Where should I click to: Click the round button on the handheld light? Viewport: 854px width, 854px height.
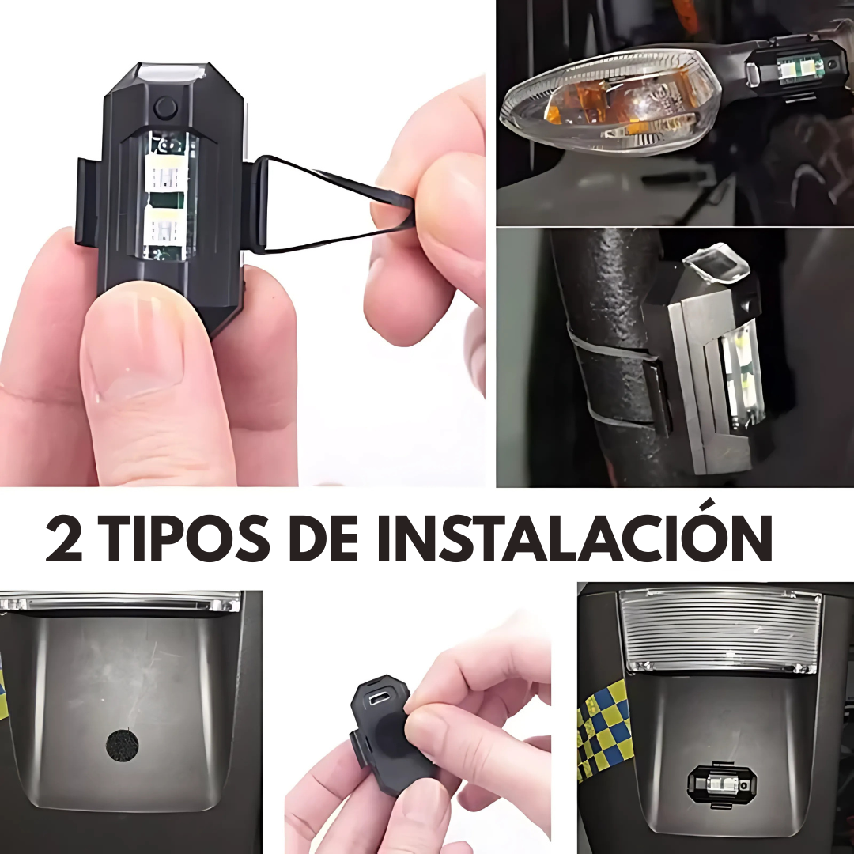pos(165,106)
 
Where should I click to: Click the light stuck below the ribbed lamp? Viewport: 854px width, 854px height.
pos(719,784)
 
